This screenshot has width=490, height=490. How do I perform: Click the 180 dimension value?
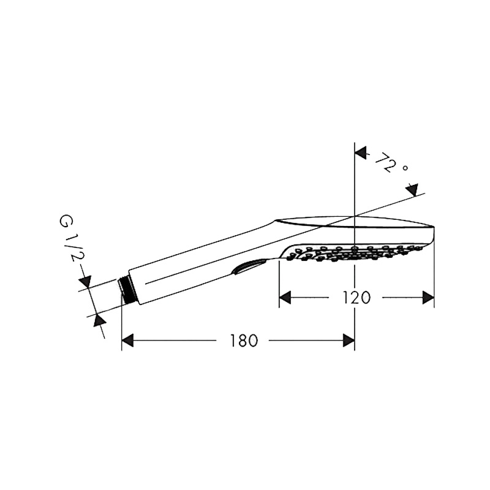pos(244,341)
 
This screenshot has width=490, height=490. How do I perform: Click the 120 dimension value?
pos(356,298)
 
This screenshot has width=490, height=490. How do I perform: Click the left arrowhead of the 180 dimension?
pos(127,341)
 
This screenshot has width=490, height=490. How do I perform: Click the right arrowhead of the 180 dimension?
pos(349,341)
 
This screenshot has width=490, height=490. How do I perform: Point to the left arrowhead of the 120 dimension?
pos(285,298)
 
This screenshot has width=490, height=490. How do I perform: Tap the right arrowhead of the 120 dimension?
pos(428,298)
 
